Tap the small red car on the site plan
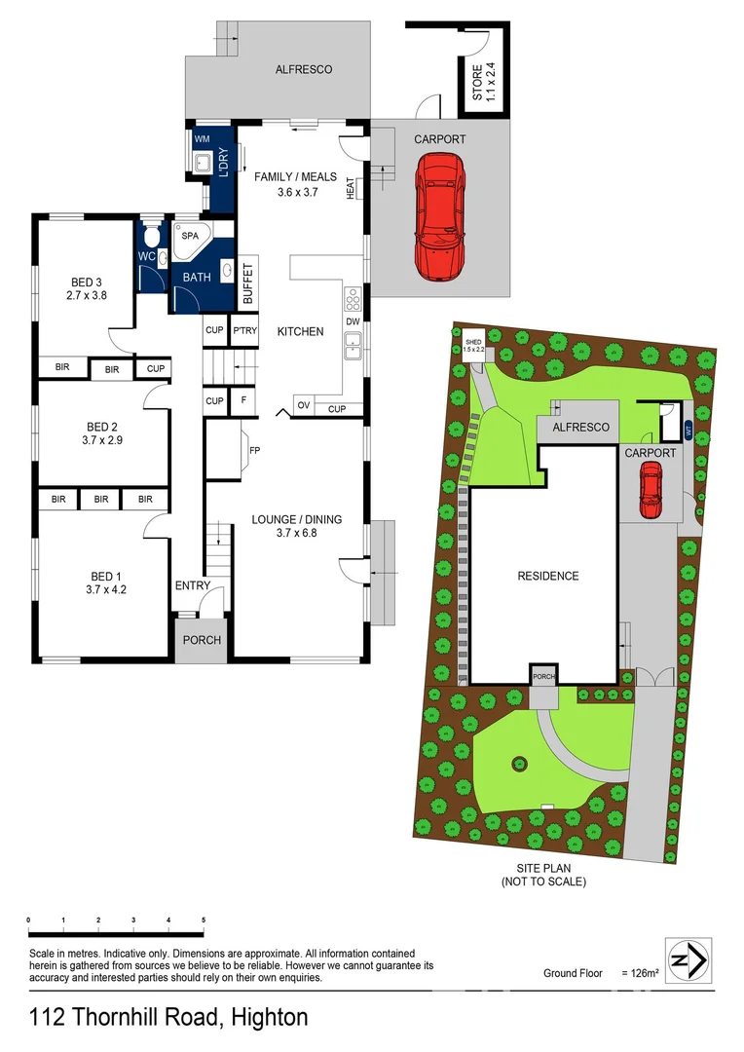click(x=650, y=490)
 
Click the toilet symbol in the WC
click(x=150, y=237)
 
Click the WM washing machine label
click(x=203, y=140)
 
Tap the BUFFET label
click(x=247, y=283)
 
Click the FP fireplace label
click(x=255, y=451)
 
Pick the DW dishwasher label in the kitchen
click(x=352, y=321)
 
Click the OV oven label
click(x=303, y=405)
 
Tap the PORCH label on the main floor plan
click(x=203, y=640)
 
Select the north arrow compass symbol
click(x=688, y=960)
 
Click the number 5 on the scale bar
click(x=204, y=920)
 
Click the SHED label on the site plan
click(x=473, y=342)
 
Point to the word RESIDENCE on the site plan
click(x=547, y=576)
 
